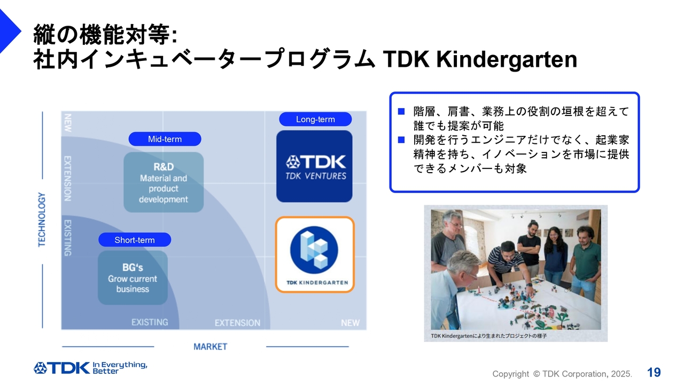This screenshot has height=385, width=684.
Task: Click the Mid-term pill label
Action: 165,139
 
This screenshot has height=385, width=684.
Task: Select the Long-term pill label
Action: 315,119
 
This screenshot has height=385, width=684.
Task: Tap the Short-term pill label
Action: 135,240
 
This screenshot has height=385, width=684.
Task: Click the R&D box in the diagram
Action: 164,182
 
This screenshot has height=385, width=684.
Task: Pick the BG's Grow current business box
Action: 133,278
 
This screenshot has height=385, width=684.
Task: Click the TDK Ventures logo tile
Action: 315,166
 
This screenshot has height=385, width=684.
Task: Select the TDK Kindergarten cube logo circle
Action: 314,250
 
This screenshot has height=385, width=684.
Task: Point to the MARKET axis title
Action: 211,347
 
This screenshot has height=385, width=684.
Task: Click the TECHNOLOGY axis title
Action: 42,220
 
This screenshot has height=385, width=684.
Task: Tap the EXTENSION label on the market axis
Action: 238,322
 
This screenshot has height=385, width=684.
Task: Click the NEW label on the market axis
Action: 351,322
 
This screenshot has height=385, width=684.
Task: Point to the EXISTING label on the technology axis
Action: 67,238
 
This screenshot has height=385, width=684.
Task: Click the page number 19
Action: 654,373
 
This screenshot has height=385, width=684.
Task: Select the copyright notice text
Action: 562,374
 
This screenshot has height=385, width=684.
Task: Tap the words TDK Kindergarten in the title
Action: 480,59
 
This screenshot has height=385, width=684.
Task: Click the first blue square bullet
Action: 401,112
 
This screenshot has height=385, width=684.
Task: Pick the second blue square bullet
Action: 401,140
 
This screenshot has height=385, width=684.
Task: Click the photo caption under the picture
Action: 488,336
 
